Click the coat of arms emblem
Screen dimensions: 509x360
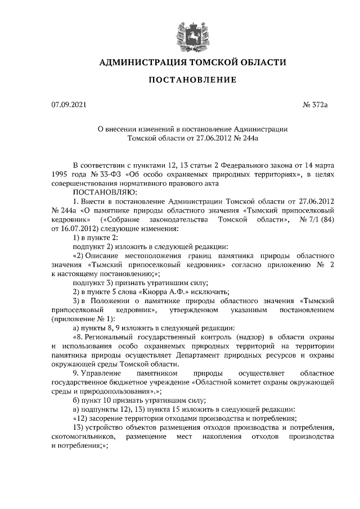[x=186, y=31]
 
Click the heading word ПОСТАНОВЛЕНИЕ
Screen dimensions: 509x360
[x=192, y=80]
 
